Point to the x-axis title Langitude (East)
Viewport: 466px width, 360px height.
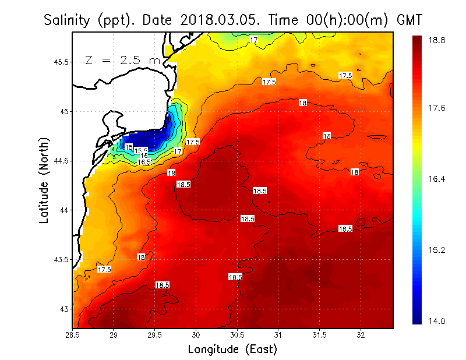click(x=232, y=349)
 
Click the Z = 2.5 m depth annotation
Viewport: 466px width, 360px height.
click(x=122, y=60)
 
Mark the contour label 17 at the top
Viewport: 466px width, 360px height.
click(x=254, y=40)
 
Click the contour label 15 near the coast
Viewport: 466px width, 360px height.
click(x=129, y=146)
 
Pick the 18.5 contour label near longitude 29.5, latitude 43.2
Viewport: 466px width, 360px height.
click(x=162, y=285)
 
